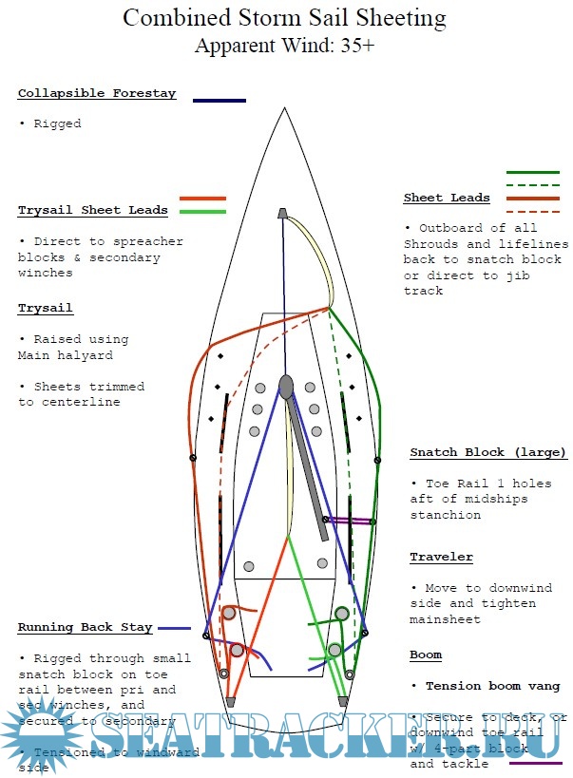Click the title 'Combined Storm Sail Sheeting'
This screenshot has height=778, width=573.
tap(284, 18)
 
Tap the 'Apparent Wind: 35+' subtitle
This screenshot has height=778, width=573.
tap(284, 45)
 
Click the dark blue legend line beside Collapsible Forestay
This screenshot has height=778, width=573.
tap(219, 100)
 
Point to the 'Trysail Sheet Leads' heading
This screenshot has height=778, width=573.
tap(93, 210)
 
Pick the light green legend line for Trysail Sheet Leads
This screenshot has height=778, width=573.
tap(202, 211)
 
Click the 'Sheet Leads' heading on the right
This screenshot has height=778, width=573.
tap(447, 198)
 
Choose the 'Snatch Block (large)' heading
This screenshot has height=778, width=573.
tap(487, 452)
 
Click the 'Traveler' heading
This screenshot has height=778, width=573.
tap(441, 557)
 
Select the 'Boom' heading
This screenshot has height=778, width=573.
tap(426, 655)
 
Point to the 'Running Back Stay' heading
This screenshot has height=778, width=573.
tap(84, 627)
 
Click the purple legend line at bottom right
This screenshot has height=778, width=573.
tap(535, 762)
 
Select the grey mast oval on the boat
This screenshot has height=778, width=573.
tap(286, 387)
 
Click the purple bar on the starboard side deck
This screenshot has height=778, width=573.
tap(348, 521)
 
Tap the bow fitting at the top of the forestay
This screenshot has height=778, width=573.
tap(282, 214)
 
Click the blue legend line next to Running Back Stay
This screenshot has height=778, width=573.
tap(174, 629)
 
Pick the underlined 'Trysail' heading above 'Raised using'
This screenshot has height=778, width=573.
tap(46, 309)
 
